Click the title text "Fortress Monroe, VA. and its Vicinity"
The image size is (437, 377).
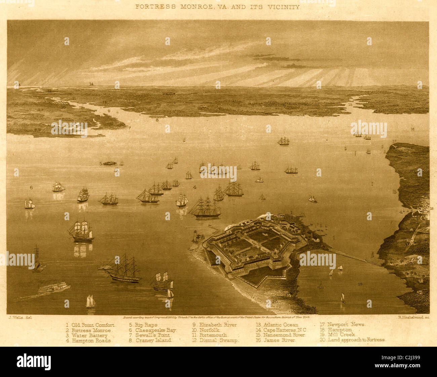coord(217,7)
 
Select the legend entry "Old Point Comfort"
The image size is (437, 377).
coord(91,325)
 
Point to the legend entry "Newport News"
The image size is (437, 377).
coord(343,325)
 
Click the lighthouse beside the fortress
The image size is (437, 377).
coord(194,236)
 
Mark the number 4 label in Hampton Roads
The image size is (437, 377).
coord(195,187)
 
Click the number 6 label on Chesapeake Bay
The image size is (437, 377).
coord(31,187)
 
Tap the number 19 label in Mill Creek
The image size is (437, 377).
coord(360,284)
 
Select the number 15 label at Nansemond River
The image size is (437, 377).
coord(350,105)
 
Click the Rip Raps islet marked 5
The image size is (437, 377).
coord(110,163)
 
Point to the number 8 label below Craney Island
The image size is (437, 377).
coord(157,120)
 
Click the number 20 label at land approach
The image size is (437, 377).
coord(275,302)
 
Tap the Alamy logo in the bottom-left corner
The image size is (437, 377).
coord(34,362)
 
